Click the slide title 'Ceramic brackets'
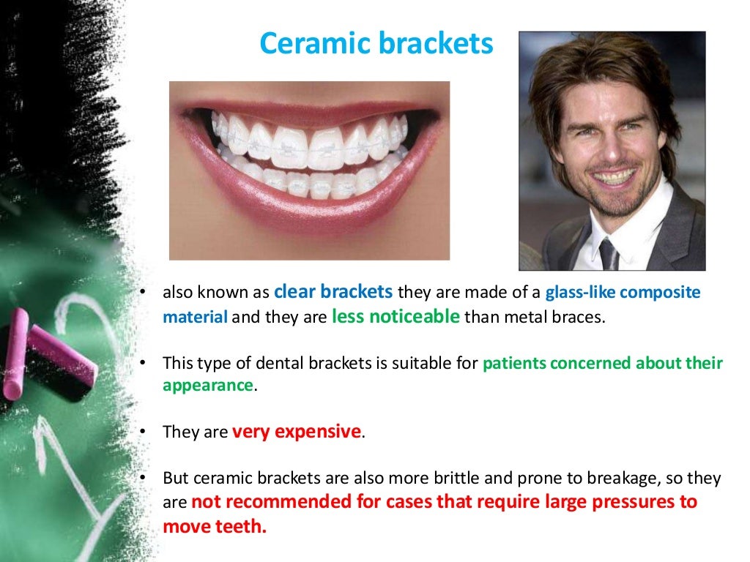point(376,45)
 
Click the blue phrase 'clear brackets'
point(333,292)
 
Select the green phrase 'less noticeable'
point(396,317)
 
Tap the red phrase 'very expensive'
point(297,432)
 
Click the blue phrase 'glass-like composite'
point(623,293)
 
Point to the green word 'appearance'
point(207,386)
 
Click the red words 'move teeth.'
point(214,527)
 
